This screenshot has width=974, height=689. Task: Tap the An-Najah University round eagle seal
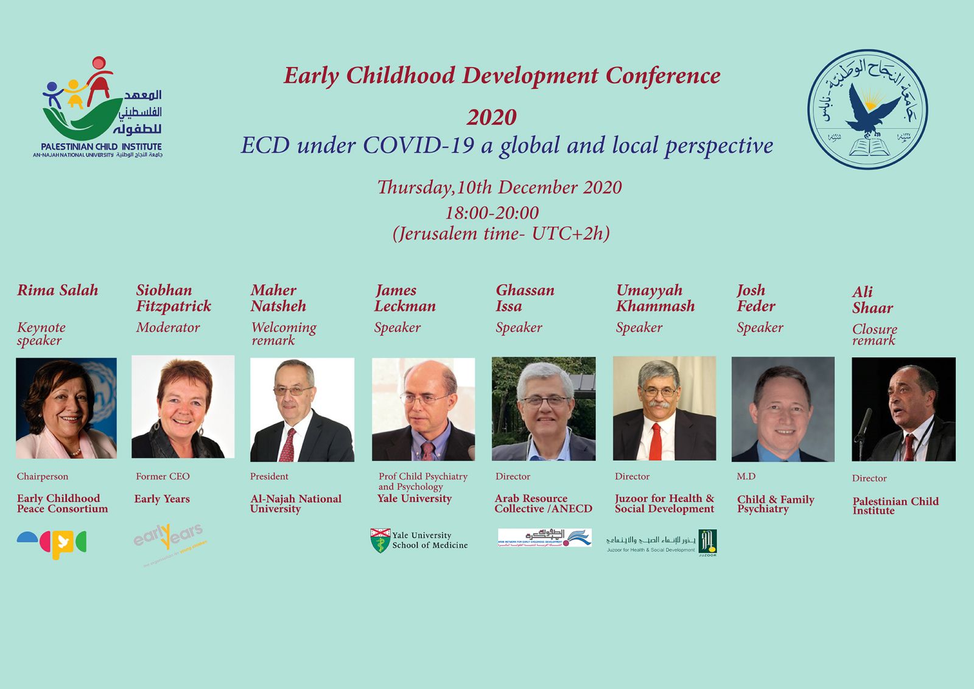tap(867, 110)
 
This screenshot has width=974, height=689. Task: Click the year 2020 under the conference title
tap(491, 117)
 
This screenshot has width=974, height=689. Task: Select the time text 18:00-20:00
tap(492, 212)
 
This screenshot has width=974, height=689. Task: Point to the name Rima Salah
tap(58, 290)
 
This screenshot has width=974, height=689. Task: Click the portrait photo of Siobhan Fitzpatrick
tap(183, 407)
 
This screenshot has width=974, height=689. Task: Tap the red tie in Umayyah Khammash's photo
tap(655, 442)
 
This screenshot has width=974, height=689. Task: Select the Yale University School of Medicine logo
tap(419, 540)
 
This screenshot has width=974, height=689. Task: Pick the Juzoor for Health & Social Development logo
tap(662, 542)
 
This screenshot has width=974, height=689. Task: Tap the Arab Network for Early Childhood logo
tap(544, 537)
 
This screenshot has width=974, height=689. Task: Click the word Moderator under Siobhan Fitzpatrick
tap(168, 327)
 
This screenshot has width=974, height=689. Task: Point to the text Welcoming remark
tap(283, 334)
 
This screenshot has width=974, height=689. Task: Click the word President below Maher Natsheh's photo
tap(269, 476)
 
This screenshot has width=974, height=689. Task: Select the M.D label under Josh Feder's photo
tap(746, 476)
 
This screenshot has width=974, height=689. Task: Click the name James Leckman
tap(405, 298)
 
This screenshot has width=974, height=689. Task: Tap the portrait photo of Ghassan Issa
tap(544, 408)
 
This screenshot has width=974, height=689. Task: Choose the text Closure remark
tap(874, 334)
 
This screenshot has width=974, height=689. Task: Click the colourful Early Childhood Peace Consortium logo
tap(52, 544)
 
